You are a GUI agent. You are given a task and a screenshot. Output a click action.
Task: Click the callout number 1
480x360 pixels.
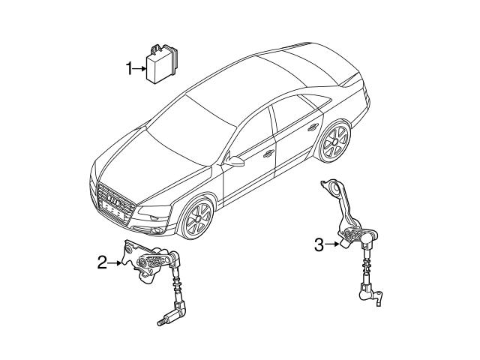[x=130, y=68]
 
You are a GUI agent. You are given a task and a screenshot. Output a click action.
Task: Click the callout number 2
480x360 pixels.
[x=102, y=262]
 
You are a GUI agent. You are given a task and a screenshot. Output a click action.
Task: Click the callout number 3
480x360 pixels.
[x=319, y=244]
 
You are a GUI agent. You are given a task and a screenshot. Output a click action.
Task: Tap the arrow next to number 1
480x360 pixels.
[x=140, y=69]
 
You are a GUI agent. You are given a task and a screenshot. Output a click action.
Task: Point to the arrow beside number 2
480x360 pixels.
[x=115, y=262]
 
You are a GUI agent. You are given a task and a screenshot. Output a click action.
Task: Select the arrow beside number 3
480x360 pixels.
[x=331, y=244]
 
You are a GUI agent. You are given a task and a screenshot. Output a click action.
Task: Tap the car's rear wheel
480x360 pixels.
[x=335, y=142]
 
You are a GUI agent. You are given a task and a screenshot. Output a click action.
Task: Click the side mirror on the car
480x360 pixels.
[x=235, y=160]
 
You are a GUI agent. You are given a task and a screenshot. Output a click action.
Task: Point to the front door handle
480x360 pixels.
[x=268, y=153]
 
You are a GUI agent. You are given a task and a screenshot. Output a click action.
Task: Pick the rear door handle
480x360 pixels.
[x=313, y=127]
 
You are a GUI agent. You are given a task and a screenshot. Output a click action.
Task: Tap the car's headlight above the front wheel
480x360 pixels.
[x=154, y=211]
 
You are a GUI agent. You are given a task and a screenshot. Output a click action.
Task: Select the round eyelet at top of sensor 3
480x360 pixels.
[x=335, y=187]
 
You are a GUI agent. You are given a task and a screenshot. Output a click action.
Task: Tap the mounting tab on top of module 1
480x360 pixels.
[x=157, y=48]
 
